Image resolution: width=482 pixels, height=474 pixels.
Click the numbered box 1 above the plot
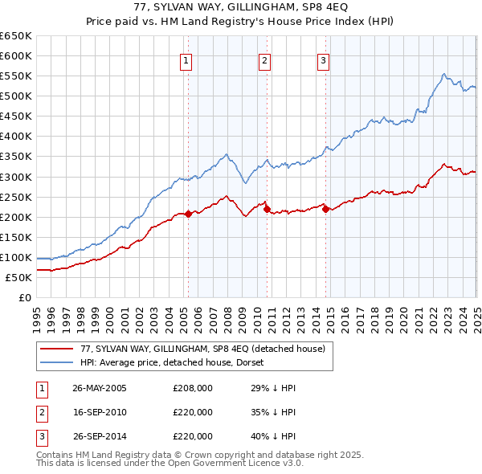click(186, 59)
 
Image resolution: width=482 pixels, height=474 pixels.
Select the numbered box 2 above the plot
click(264, 59)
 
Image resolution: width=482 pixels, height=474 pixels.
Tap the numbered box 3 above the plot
click(323, 59)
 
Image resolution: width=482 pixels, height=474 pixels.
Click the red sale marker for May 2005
click(188, 214)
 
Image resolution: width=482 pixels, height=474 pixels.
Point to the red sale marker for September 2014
click(325, 209)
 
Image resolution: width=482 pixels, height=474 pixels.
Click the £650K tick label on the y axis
click(16, 36)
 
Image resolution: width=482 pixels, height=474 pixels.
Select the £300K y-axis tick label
click(16, 177)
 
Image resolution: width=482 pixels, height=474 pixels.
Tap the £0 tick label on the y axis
click(25, 297)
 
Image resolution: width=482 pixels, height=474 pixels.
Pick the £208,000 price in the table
click(193, 388)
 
